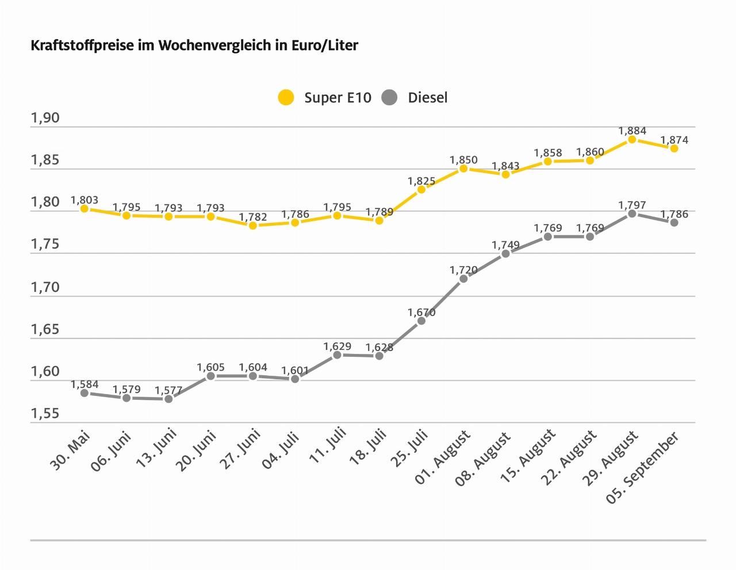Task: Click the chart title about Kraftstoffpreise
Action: (x=194, y=45)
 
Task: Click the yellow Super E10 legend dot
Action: (x=286, y=98)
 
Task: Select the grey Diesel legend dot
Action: (x=389, y=98)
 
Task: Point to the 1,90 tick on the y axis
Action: (x=45, y=118)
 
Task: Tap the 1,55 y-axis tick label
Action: (x=45, y=414)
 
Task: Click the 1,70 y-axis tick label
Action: (x=45, y=287)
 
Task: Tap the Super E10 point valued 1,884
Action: (x=632, y=140)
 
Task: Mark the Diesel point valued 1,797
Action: (x=632, y=214)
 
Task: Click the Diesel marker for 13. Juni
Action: (x=168, y=399)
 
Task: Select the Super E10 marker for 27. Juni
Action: (x=253, y=225)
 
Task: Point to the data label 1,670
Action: (x=421, y=313)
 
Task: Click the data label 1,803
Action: (x=85, y=200)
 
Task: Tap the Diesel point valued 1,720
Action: (x=463, y=279)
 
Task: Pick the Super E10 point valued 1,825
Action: (x=421, y=190)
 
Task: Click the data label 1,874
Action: (x=674, y=140)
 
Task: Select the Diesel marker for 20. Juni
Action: (x=210, y=376)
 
